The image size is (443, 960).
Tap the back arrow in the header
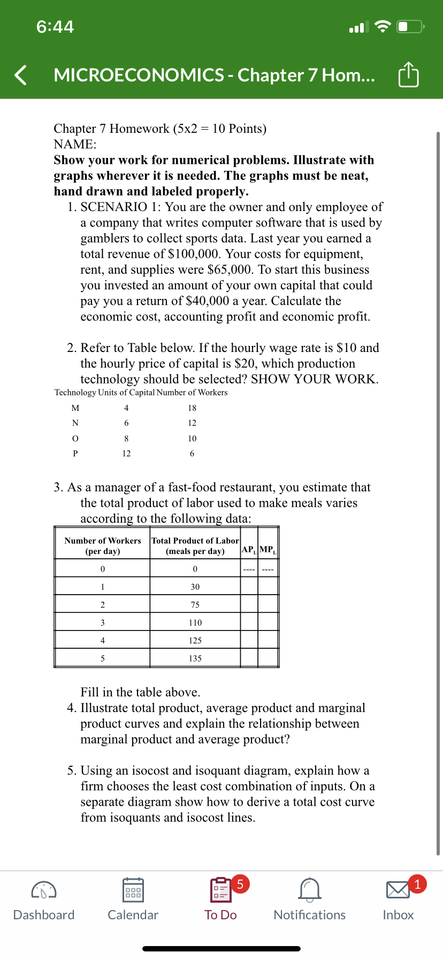(20, 75)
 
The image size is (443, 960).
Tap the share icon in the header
(408, 75)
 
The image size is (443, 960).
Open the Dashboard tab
(44, 900)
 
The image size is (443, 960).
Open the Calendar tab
(133, 900)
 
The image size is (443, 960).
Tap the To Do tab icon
(220, 890)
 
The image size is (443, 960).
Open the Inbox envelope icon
(398, 890)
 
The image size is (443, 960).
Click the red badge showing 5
(240, 883)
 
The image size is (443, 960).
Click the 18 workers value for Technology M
(192, 408)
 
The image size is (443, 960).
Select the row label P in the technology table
(75, 454)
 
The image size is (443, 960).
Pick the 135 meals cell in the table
(195, 658)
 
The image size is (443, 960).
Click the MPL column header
(268, 550)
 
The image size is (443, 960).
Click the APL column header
(249, 550)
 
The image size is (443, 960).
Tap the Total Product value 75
(195, 605)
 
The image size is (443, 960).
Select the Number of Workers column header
(103, 546)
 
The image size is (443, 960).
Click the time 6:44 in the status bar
(55, 27)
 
